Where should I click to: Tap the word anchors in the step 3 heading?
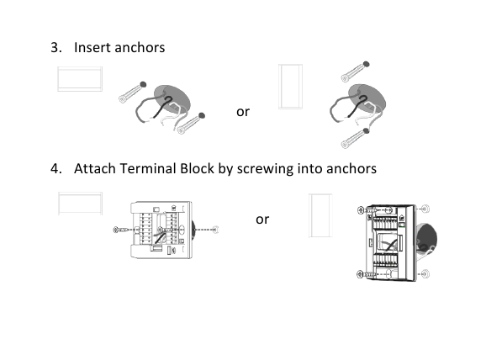pos(140,47)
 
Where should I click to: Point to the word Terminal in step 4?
pos(151,168)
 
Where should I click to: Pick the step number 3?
pos(56,47)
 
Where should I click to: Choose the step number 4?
pos(56,168)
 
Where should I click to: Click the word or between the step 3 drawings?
pos(242,111)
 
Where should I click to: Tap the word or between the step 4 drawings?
pos(261,219)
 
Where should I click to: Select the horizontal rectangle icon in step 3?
pos(80,78)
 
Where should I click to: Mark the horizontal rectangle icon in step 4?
pos(80,204)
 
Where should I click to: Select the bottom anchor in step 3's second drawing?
pos(355,135)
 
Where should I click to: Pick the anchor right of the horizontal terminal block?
pos(216,229)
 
